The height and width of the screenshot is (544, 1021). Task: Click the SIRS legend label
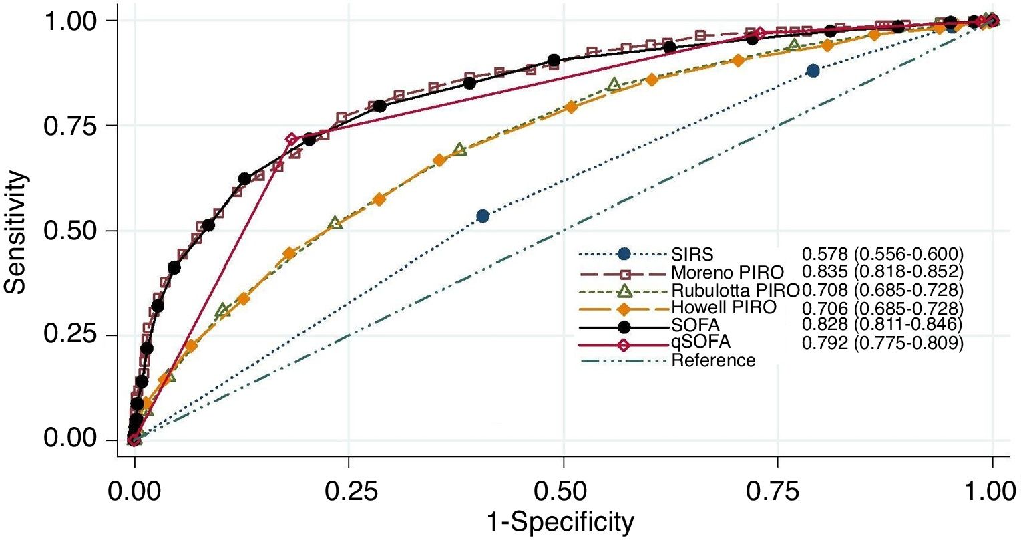[x=692, y=255]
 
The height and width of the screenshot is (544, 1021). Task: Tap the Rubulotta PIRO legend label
[x=735, y=291]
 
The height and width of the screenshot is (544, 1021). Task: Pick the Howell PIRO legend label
[x=724, y=308]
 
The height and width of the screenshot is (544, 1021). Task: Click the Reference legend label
[x=713, y=361]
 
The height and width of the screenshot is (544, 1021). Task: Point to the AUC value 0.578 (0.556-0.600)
[x=883, y=255]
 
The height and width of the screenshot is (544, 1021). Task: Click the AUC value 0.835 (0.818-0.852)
[x=883, y=273]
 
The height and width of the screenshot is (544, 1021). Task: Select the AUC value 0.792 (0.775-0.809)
[x=883, y=342]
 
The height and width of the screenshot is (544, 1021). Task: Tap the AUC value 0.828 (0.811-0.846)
[x=883, y=325]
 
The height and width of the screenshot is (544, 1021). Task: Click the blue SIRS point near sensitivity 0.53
[x=483, y=216]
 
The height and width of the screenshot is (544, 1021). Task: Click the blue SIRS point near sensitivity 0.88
[x=813, y=70]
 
